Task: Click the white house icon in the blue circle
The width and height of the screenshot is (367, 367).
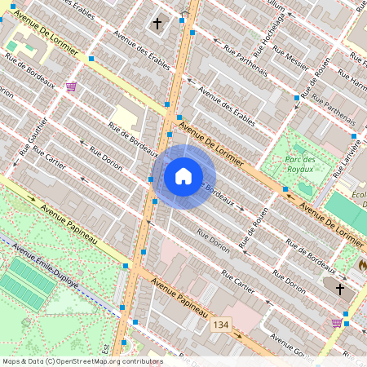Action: (183, 176)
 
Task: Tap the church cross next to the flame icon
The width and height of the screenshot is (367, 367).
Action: (340, 289)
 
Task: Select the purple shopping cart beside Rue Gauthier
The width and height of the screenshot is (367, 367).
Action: (72, 86)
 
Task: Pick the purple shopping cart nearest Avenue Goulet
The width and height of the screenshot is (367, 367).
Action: (337, 323)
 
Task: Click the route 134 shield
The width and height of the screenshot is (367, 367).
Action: (220, 325)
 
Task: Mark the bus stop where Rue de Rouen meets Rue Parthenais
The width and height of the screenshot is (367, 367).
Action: (295, 98)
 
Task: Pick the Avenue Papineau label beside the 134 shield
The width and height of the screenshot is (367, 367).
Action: (179, 298)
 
